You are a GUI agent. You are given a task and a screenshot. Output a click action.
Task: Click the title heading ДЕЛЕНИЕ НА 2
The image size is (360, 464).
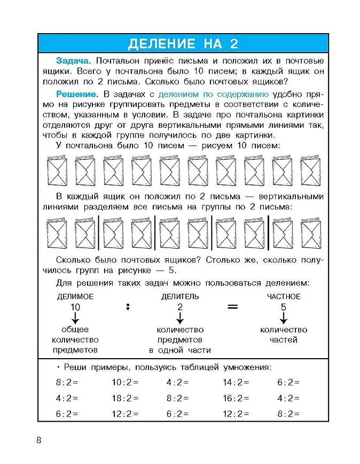pos(183,43)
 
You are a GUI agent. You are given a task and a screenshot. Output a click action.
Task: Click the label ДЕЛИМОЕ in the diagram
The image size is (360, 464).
pos(75,297)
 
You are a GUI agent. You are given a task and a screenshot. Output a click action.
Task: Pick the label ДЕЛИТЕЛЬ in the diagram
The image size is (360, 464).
pos(180,297)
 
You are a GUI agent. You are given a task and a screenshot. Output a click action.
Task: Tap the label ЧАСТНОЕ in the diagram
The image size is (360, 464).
pos(284,297)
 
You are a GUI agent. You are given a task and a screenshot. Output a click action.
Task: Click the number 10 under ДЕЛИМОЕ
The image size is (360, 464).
pos(75,307)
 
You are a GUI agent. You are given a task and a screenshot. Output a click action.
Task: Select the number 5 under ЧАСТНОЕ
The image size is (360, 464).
pos(284,307)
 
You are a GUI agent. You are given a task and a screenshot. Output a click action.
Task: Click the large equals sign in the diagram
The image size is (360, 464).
pos(232,307)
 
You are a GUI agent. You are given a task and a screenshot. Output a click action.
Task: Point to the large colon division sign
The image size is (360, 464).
pos(128,307)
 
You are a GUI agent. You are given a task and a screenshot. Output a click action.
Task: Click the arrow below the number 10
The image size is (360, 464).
pos(75,318)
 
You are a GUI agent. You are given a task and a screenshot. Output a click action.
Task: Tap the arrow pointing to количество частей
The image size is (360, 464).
pos(284,318)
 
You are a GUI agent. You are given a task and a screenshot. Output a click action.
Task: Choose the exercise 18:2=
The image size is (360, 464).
pos(125,398)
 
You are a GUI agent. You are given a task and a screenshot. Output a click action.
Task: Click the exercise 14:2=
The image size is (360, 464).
pos(236,383)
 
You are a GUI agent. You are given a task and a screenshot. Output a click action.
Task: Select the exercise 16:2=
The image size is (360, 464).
pos(236,398)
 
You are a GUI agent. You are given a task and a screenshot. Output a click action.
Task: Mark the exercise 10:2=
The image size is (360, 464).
pos(125,383)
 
